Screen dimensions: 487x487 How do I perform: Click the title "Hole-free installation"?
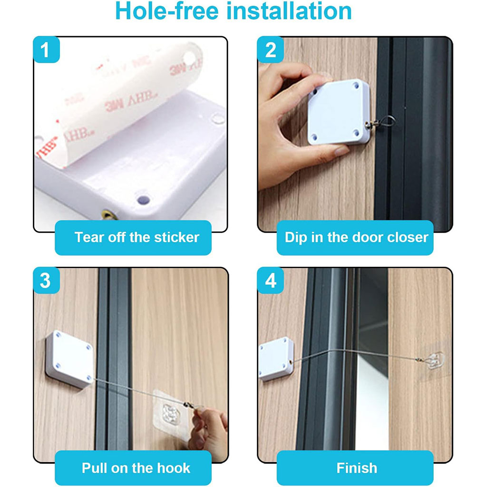(x=233, y=11)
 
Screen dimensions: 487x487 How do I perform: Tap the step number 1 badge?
(x=46, y=50)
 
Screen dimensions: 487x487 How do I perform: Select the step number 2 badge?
(x=271, y=50)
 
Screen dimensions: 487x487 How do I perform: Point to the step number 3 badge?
(x=45, y=281)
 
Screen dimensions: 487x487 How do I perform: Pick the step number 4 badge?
(x=271, y=281)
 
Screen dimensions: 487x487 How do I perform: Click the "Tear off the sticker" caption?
(x=136, y=237)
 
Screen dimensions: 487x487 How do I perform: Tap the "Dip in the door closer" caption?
(x=356, y=237)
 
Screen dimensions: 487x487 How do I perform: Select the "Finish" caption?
(x=356, y=468)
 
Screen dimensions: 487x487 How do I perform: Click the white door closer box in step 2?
(x=339, y=112)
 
